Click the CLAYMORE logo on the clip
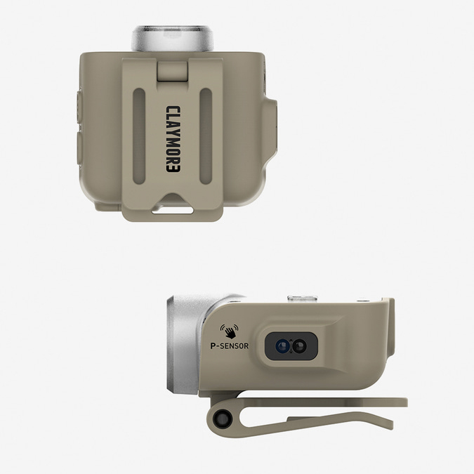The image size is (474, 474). [173, 139]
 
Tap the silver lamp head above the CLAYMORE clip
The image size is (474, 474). [173, 39]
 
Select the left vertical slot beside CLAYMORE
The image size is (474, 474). [139, 136]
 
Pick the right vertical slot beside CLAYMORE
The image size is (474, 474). [206, 136]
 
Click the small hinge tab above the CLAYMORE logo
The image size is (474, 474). [173, 72]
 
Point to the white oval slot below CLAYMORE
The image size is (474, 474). [172, 211]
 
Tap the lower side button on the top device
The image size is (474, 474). [79, 148]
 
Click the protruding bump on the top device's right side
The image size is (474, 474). [271, 128]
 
